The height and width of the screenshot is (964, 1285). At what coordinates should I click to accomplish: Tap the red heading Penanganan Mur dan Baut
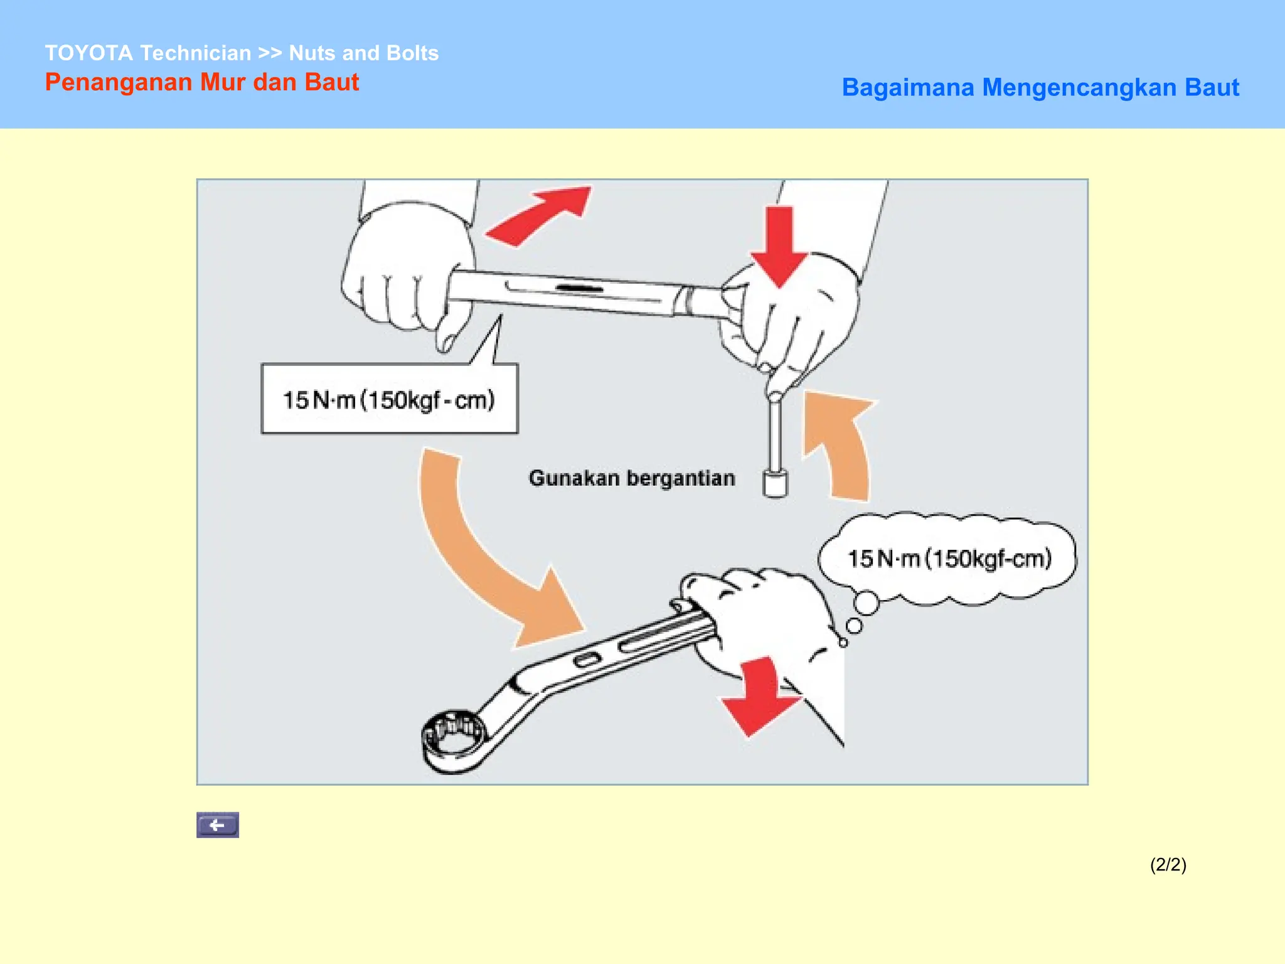pos(201,82)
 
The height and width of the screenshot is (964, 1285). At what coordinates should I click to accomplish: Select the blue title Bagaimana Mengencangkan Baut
pos(1040,87)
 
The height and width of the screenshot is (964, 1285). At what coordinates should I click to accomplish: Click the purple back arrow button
pos(217,825)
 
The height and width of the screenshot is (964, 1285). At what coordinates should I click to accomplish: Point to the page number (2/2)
pos(1168,864)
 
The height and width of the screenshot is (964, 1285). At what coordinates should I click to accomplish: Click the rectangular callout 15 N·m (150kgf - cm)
pos(389,399)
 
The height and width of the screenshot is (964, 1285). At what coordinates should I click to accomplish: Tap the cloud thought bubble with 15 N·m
pos(948,558)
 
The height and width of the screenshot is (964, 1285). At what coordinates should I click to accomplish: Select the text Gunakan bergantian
pos(631,478)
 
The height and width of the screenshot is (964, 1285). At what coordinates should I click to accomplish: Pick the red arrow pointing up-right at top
pos(540,215)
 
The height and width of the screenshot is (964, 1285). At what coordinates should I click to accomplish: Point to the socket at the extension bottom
pos(775,484)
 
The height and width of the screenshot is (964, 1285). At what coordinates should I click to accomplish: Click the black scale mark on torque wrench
pos(579,288)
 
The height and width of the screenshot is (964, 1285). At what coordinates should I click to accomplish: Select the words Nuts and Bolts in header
pos(363,53)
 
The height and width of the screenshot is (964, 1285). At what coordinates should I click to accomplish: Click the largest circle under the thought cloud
pos(866,603)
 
